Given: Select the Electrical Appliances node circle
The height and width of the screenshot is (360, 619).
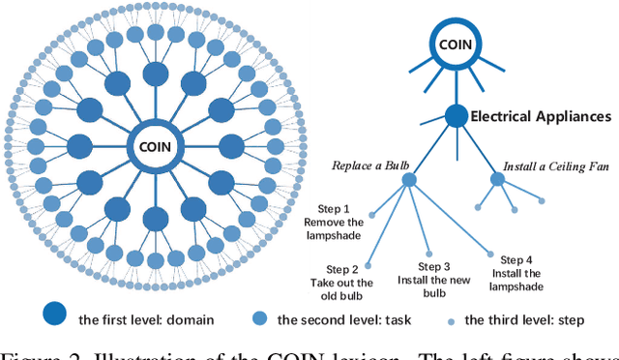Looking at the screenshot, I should [x=456, y=116].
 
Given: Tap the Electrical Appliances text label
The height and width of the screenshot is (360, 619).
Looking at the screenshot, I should [x=540, y=116].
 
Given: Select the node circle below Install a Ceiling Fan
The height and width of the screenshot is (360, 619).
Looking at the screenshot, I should [x=497, y=179].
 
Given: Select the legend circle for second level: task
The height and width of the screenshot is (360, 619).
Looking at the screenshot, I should [x=259, y=319].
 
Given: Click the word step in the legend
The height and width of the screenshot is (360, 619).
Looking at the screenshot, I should [x=584, y=320].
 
